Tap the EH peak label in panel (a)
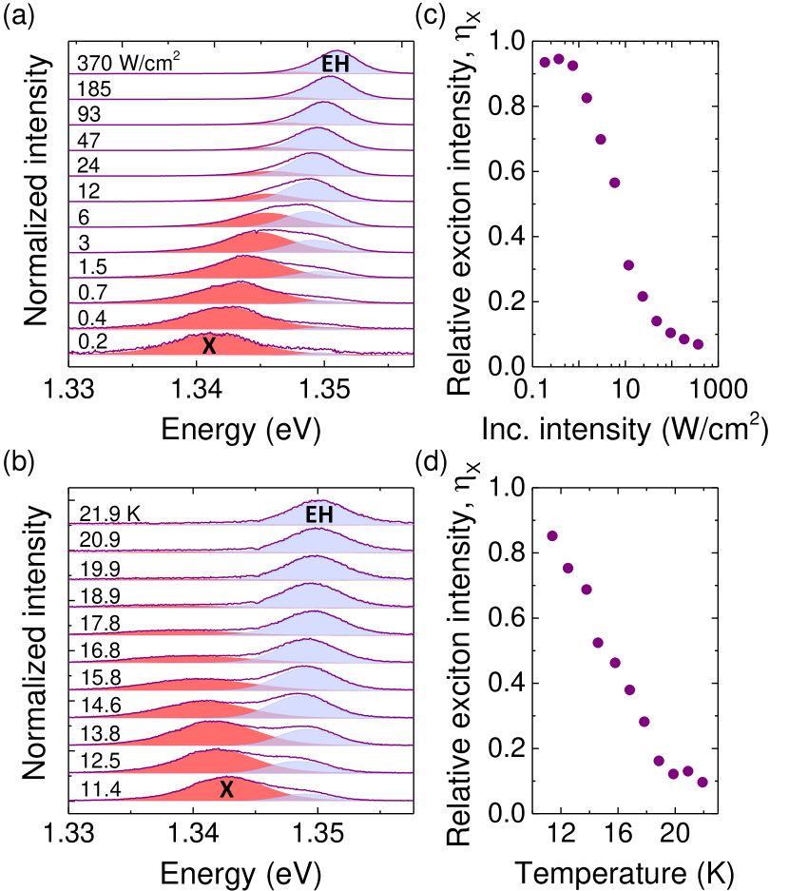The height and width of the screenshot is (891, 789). (x=335, y=66)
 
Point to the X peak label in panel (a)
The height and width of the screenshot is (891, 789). (x=209, y=346)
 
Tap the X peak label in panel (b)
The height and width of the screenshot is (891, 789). (x=226, y=789)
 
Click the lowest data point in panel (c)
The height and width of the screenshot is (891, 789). (x=698, y=344)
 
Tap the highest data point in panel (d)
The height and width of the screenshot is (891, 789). (x=552, y=536)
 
